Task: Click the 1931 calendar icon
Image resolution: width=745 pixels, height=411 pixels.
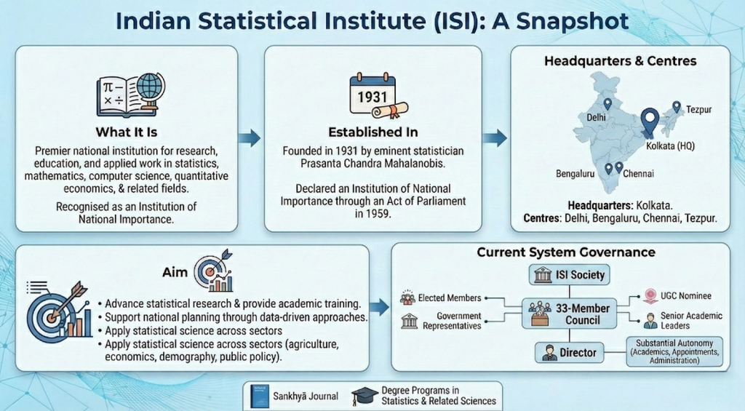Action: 372,94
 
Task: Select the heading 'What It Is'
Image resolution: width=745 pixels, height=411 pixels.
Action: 127,132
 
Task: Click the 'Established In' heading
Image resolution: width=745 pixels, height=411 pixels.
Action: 372,132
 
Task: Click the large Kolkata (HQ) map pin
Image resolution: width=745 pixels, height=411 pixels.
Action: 648,120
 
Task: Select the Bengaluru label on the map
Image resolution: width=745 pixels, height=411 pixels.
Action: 571,174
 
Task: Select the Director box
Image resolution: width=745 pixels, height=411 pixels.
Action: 568,353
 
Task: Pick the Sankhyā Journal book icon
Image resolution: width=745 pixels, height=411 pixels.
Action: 257,395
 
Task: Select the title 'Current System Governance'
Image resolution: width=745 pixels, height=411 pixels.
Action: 566,252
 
